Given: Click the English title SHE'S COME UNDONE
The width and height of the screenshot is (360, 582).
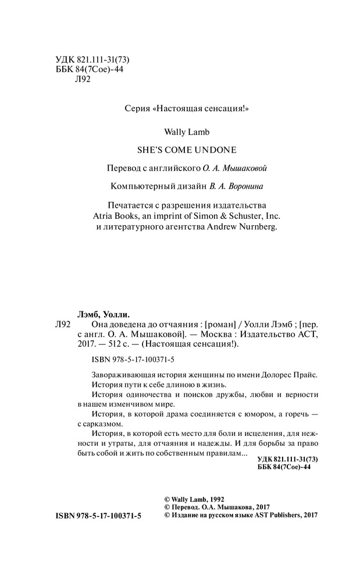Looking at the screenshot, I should click(x=180, y=147).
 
